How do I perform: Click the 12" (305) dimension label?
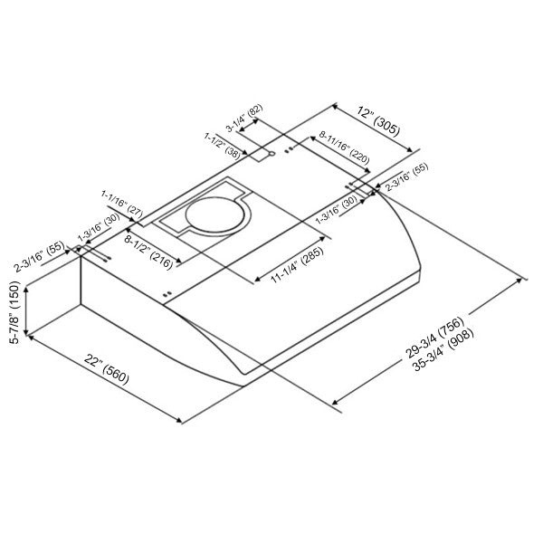[x=378, y=121]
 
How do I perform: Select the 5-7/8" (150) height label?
[x=15, y=312]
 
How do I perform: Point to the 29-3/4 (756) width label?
[x=434, y=337]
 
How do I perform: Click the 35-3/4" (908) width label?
[x=443, y=349]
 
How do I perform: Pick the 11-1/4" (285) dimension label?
[x=297, y=264]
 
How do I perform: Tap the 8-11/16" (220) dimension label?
[x=344, y=148]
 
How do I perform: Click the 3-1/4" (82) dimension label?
[x=244, y=118]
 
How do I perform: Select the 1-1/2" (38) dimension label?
[x=222, y=146]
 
